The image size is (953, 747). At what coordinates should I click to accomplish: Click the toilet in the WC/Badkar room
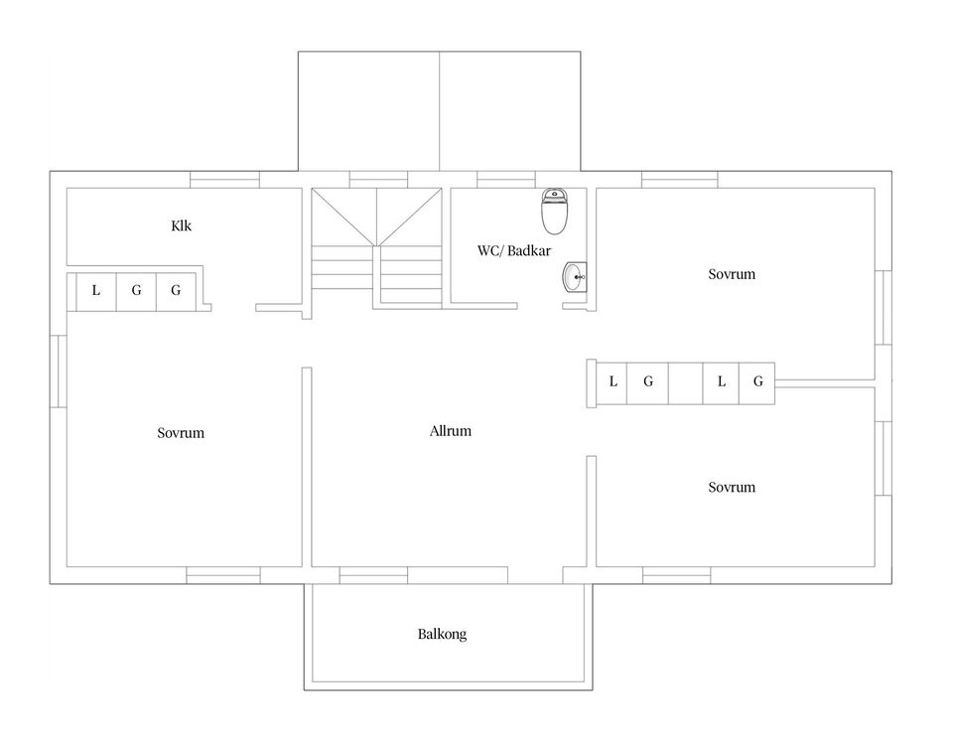[554, 211]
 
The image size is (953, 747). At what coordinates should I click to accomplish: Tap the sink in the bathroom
[575, 277]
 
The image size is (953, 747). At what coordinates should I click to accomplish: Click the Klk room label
[181, 225]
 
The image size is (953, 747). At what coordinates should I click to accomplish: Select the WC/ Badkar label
[514, 250]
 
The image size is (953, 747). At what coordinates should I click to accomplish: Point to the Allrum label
[451, 431]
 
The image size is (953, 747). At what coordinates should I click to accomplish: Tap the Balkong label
[442, 634]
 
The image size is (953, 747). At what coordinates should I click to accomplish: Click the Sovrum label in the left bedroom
[181, 433]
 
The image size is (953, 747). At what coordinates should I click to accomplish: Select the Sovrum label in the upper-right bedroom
[732, 274]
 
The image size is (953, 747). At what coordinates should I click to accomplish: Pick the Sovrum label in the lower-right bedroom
[732, 488]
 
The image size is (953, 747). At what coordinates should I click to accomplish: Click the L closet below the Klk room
[96, 291]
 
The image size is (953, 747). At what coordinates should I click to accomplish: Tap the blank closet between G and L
[686, 383]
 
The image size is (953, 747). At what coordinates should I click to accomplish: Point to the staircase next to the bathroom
[377, 248]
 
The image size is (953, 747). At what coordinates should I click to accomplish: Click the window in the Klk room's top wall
[225, 180]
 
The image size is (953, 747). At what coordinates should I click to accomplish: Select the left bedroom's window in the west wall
[59, 372]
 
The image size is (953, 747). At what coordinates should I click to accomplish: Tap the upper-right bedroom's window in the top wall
[679, 180]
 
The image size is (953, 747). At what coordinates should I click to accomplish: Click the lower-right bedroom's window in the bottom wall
[676, 575]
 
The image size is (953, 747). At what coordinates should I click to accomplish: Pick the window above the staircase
[378, 180]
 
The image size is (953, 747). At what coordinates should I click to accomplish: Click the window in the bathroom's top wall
[505, 180]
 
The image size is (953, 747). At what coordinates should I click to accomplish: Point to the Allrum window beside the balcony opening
[373, 575]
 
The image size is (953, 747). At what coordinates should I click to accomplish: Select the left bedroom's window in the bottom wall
[223, 575]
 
